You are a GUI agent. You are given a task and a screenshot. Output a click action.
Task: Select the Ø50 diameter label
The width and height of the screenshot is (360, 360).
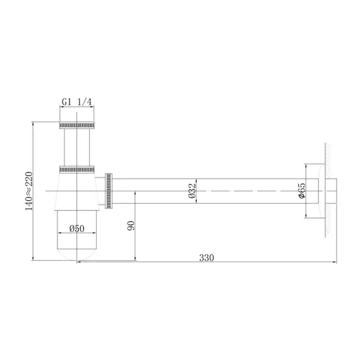click(77, 229)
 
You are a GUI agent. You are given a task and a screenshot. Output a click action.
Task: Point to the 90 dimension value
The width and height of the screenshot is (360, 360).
click(131, 226)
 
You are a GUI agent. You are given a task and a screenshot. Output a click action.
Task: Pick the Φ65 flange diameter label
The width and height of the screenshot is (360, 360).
click(303, 191)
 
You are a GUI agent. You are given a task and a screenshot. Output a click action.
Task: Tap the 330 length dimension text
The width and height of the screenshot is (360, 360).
click(207, 257)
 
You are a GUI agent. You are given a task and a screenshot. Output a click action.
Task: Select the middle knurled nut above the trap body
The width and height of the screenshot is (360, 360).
click(77, 169)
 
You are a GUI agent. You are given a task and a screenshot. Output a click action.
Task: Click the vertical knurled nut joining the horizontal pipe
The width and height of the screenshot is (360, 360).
click(110, 190)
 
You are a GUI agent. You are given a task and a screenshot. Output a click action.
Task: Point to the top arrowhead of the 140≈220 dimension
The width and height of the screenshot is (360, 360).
click(33, 123)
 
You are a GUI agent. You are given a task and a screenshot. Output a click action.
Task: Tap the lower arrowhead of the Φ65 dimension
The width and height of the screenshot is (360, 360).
click(306, 216)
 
